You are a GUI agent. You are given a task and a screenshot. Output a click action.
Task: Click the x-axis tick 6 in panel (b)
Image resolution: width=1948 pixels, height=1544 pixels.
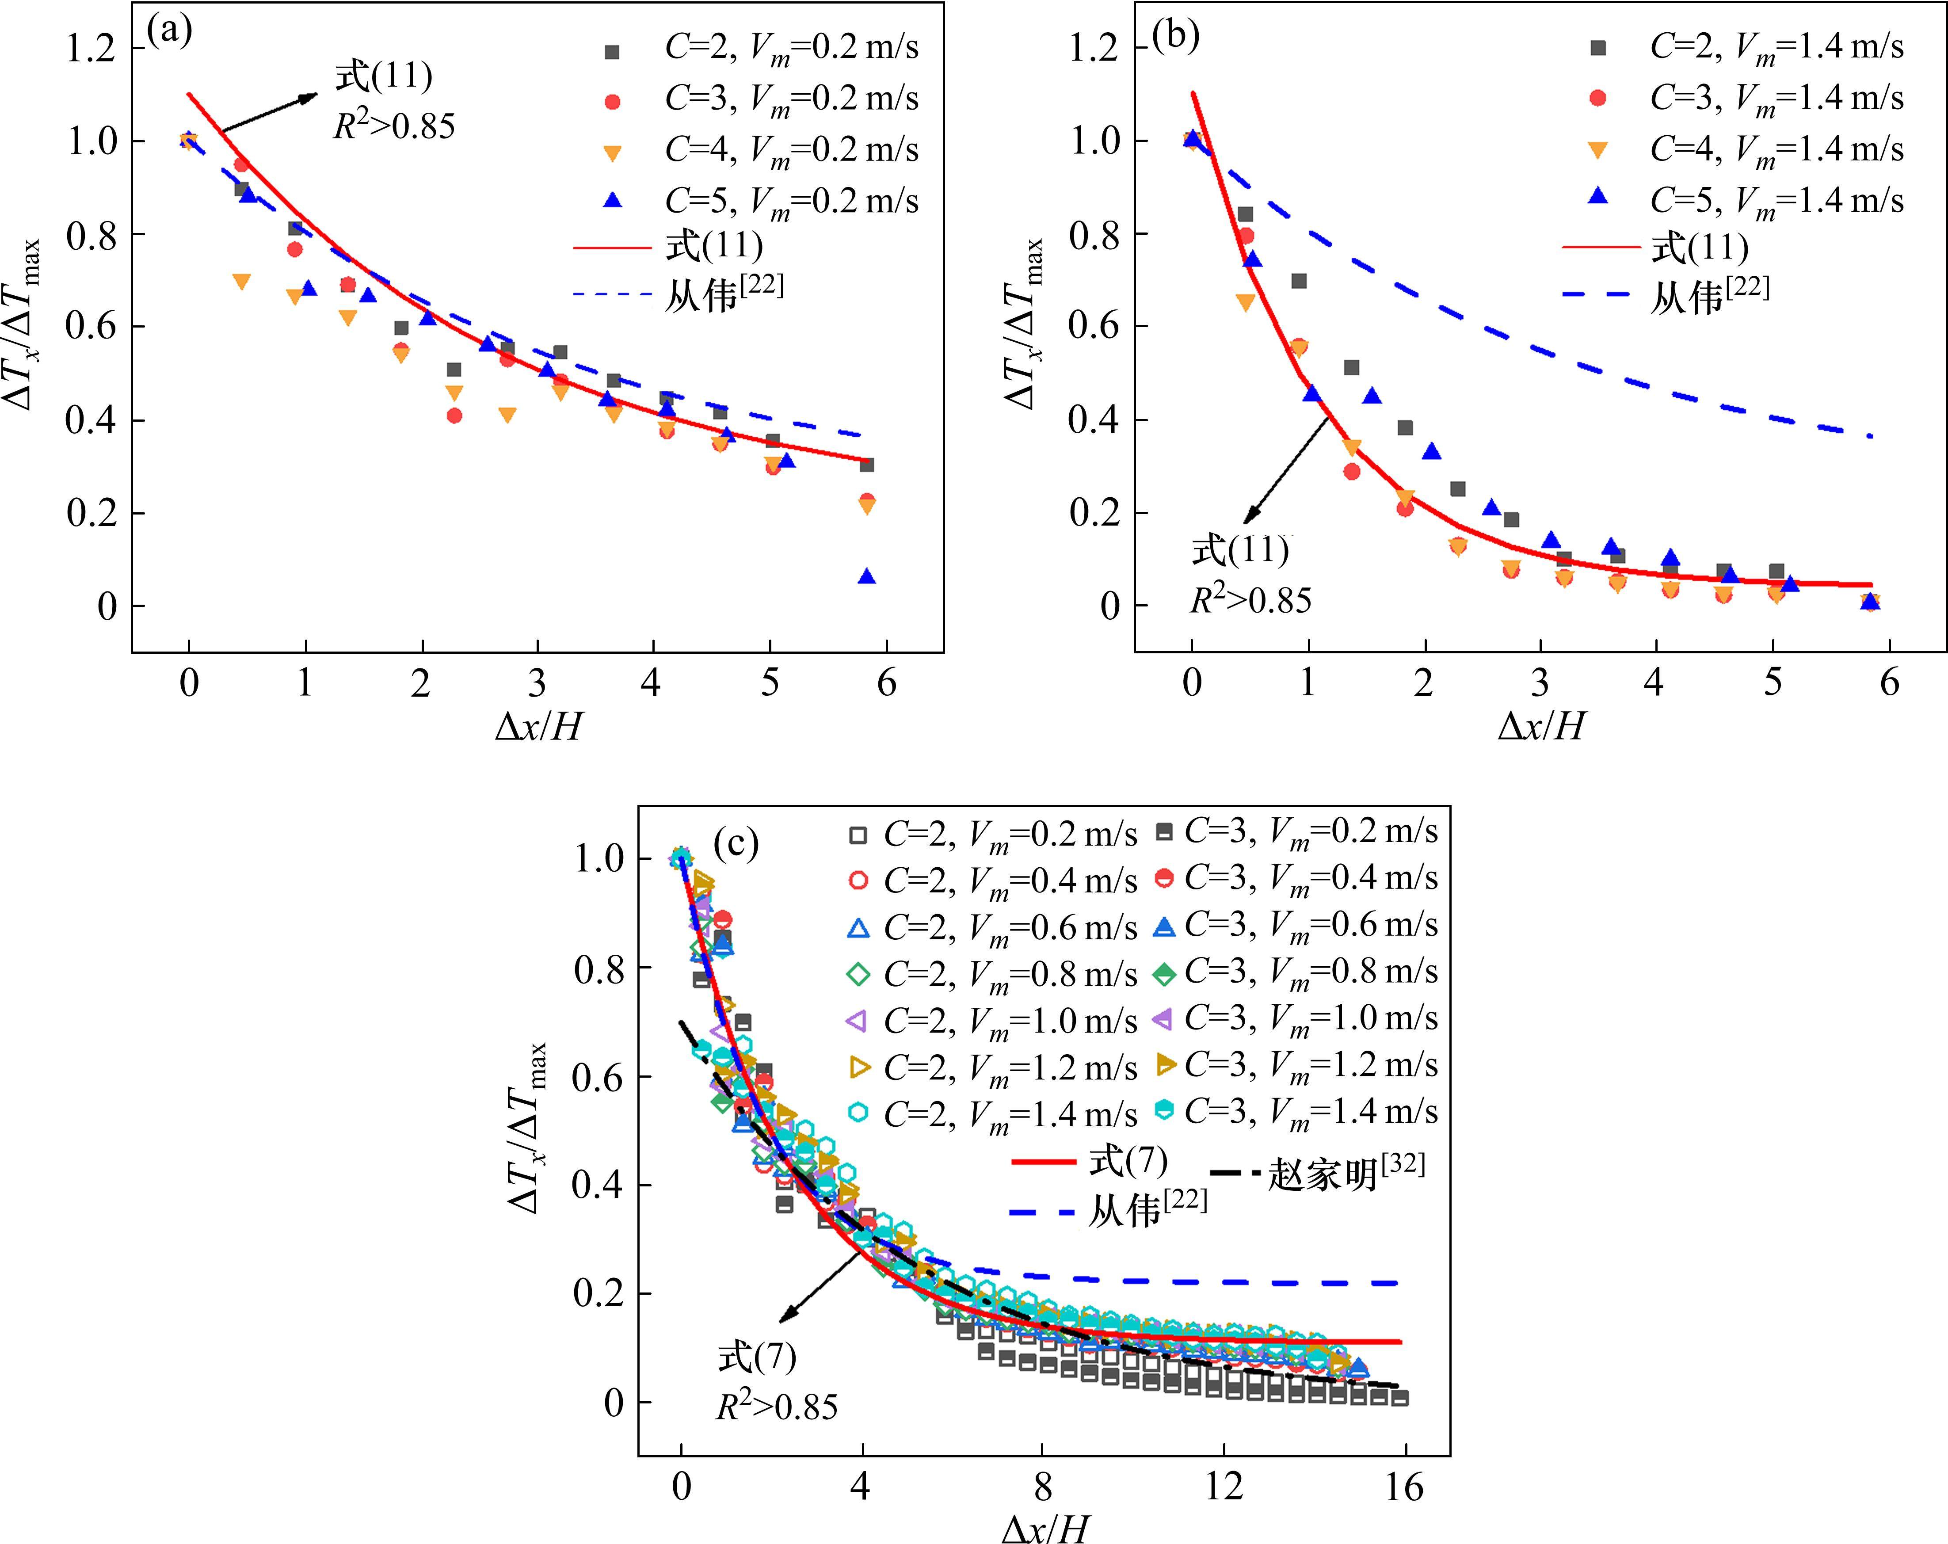[1889, 682]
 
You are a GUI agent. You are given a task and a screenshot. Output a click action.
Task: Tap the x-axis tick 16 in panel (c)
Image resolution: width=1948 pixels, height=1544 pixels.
[1404, 1486]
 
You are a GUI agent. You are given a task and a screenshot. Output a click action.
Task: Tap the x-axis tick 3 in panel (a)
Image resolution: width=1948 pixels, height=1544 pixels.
[537, 682]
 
